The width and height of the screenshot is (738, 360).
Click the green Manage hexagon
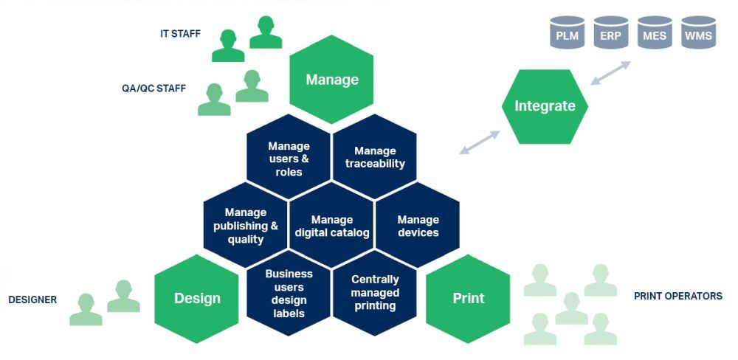331,80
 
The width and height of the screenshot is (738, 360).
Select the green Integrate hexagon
545,106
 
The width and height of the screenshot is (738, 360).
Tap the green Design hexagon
197,298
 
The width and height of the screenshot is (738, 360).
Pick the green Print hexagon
468,298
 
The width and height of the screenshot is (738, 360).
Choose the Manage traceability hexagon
375,157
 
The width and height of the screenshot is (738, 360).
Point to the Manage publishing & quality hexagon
245,226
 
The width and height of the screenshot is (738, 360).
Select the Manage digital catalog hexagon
331,226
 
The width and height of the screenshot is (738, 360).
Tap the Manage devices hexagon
418,226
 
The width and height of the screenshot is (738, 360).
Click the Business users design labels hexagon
289,293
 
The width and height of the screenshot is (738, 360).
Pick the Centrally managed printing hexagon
375,293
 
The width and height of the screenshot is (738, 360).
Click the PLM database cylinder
567,32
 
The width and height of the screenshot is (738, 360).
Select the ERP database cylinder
611,32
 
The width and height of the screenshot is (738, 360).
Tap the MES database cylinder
655,32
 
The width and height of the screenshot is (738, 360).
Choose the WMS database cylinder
698,32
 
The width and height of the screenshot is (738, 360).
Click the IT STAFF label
180,34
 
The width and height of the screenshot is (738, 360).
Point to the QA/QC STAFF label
154,88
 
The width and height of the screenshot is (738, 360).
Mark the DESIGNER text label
32,300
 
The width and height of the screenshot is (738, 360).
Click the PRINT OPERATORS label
677,296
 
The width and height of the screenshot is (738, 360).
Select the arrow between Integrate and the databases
610,73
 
